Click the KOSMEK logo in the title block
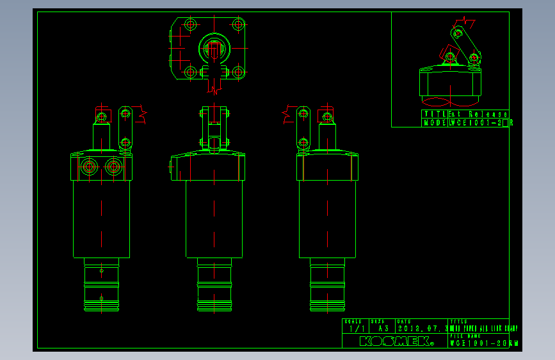pos(396,341)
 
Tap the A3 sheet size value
pos(383,329)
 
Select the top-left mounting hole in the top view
pos(190,25)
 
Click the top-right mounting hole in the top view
pos(238,25)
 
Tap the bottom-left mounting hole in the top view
pos(190,72)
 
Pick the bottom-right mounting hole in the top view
pos(238,72)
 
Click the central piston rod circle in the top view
pos(214,48)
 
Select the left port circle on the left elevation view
pos(88,167)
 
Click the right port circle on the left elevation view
pos(114,167)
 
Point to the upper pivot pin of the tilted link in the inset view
pos(458,33)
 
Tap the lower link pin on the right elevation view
pos(303,142)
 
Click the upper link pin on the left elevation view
pos(125,114)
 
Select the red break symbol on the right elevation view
pos(287,115)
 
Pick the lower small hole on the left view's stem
pos(102,298)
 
